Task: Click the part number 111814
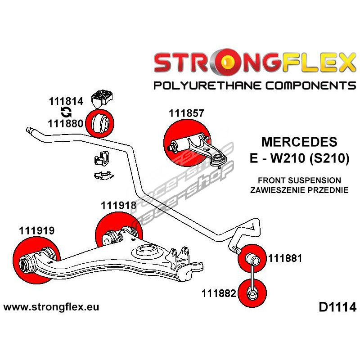coord(66,102)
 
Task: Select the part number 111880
coord(66,122)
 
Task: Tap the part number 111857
coord(186,114)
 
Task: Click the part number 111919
coord(36,231)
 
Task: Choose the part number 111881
coord(285,259)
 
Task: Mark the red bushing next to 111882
coord(252,293)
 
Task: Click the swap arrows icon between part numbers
coord(66,112)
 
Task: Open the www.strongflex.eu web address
coord(51,308)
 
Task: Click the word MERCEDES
coord(299,142)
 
